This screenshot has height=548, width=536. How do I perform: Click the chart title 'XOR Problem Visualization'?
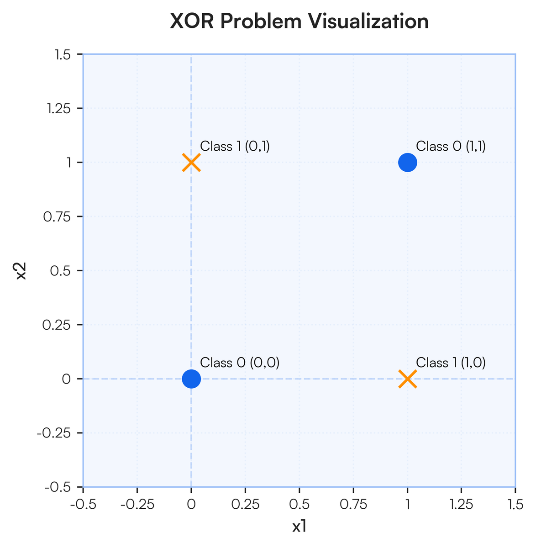tap(299, 21)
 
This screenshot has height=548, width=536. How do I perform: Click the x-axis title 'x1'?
tap(299, 526)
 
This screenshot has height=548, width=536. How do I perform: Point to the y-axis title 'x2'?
tap(21, 271)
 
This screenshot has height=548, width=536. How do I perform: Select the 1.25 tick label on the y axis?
tap(58, 108)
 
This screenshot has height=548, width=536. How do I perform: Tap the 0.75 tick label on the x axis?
tap(353, 504)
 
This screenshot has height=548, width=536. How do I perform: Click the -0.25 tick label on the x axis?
tap(137, 504)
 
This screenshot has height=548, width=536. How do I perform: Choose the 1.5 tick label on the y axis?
tap(63, 54)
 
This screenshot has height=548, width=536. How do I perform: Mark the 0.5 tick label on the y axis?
tap(60, 271)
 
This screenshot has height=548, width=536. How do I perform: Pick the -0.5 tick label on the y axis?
tap(58, 487)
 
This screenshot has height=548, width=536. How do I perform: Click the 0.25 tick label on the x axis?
tap(245, 504)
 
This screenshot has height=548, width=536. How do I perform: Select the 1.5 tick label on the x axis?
tap(515, 504)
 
